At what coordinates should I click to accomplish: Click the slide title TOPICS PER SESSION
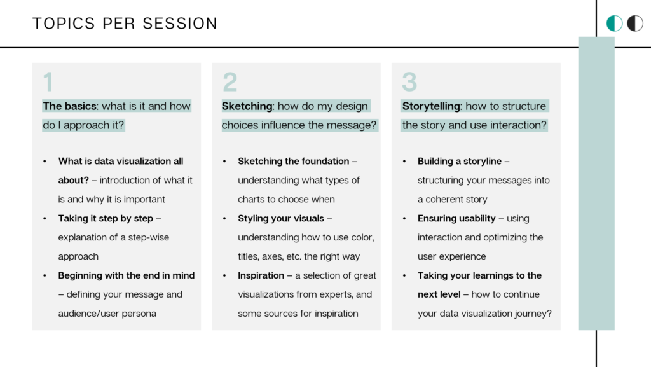(125, 24)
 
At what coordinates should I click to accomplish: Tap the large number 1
(48, 82)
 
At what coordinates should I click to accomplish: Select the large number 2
(230, 82)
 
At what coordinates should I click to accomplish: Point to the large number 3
(409, 82)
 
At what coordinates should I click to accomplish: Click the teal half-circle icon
(614, 24)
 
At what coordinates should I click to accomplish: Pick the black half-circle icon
(635, 24)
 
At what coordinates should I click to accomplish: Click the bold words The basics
(69, 106)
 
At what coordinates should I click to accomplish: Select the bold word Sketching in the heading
(247, 106)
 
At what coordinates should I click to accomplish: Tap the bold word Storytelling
(431, 106)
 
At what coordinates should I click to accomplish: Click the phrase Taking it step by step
(106, 218)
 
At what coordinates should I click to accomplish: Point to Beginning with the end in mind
(127, 275)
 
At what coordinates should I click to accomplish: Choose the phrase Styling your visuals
(280, 218)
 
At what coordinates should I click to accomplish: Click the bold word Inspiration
(261, 275)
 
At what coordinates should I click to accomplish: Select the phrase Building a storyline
(460, 161)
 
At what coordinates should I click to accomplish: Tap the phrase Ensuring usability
(456, 218)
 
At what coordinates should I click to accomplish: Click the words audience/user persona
(107, 314)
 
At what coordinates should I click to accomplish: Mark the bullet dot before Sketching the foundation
(224, 161)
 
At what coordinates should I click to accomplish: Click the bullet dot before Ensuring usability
(404, 218)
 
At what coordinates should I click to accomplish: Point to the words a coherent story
(452, 199)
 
